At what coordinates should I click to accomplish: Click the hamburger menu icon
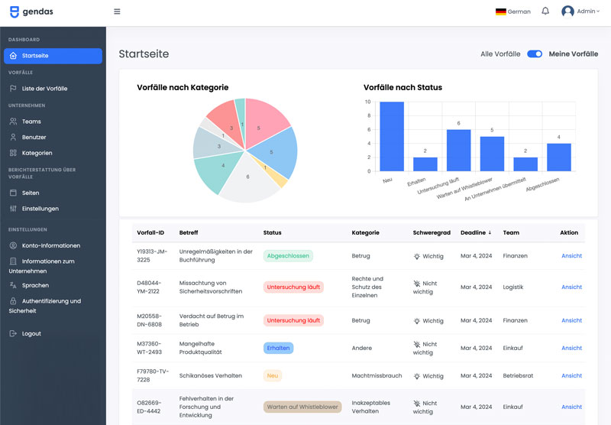coord(117,11)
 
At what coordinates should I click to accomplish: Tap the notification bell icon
coord(545,11)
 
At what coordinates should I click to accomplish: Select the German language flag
coord(501,11)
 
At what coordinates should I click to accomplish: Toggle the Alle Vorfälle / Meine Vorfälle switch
coord(535,54)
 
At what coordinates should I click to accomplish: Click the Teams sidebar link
coord(31,122)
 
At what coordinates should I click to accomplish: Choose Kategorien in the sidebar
coord(37,153)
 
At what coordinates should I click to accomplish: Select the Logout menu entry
coord(31,334)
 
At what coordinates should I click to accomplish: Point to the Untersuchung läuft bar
coord(458,151)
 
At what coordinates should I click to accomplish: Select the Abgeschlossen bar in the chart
coord(559,157)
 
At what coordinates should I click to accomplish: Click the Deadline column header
coord(476,232)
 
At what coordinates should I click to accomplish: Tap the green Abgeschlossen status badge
coord(288,256)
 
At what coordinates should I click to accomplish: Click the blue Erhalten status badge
coord(278,348)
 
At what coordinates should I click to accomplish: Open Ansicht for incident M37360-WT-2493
coord(571,348)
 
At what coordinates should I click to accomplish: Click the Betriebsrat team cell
coord(519,376)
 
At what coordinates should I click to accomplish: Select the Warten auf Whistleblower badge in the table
coord(302,407)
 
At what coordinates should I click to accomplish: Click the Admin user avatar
coord(567,11)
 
